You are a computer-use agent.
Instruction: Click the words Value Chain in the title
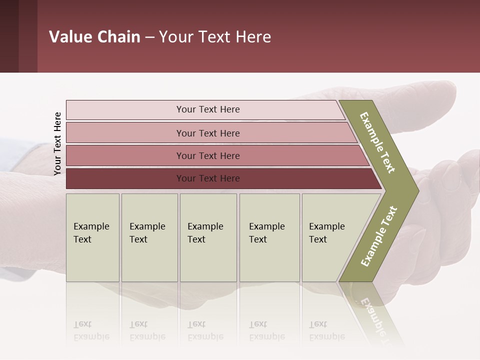coord(94,37)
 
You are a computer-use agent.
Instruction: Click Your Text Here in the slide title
coord(215,37)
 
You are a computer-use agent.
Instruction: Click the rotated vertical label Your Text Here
coord(57,143)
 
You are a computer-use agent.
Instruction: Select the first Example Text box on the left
coord(92,237)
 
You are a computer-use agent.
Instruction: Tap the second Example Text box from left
coord(149,237)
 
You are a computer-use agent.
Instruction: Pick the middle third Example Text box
coord(208,237)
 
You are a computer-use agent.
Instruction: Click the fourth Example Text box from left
coord(269,237)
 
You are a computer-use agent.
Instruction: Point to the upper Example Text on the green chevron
coord(377,142)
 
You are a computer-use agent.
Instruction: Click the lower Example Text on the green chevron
coord(378,236)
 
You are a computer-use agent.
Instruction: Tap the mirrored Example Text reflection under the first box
coord(91,330)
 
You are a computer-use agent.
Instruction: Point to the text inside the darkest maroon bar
coord(208,178)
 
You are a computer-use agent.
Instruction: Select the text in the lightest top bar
coord(208,109)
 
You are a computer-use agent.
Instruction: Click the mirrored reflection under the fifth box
coord(327,330)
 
